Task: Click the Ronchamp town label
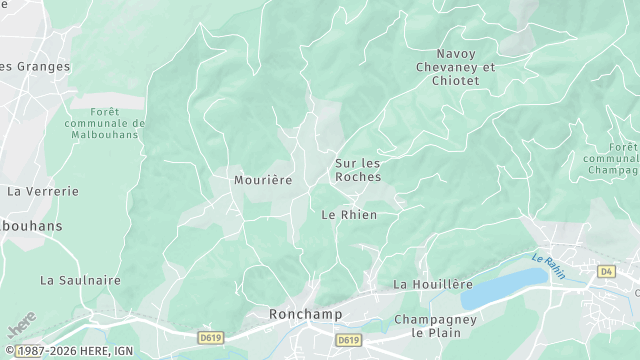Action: pos(305,314)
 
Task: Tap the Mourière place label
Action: pos(262,180)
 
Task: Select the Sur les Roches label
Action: pos(357,169)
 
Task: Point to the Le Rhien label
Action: pos(349,214)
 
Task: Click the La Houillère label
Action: pos(432,284)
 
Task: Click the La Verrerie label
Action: pos(42,189)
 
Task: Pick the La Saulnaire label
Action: pos(80,280)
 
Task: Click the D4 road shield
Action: pos(606,271)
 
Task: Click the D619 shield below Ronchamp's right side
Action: pos(348,340)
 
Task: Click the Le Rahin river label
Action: pos(549,265)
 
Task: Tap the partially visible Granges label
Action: pos(35,66)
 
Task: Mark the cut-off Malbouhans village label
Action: pos(31,226)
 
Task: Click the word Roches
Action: pos(357,176)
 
